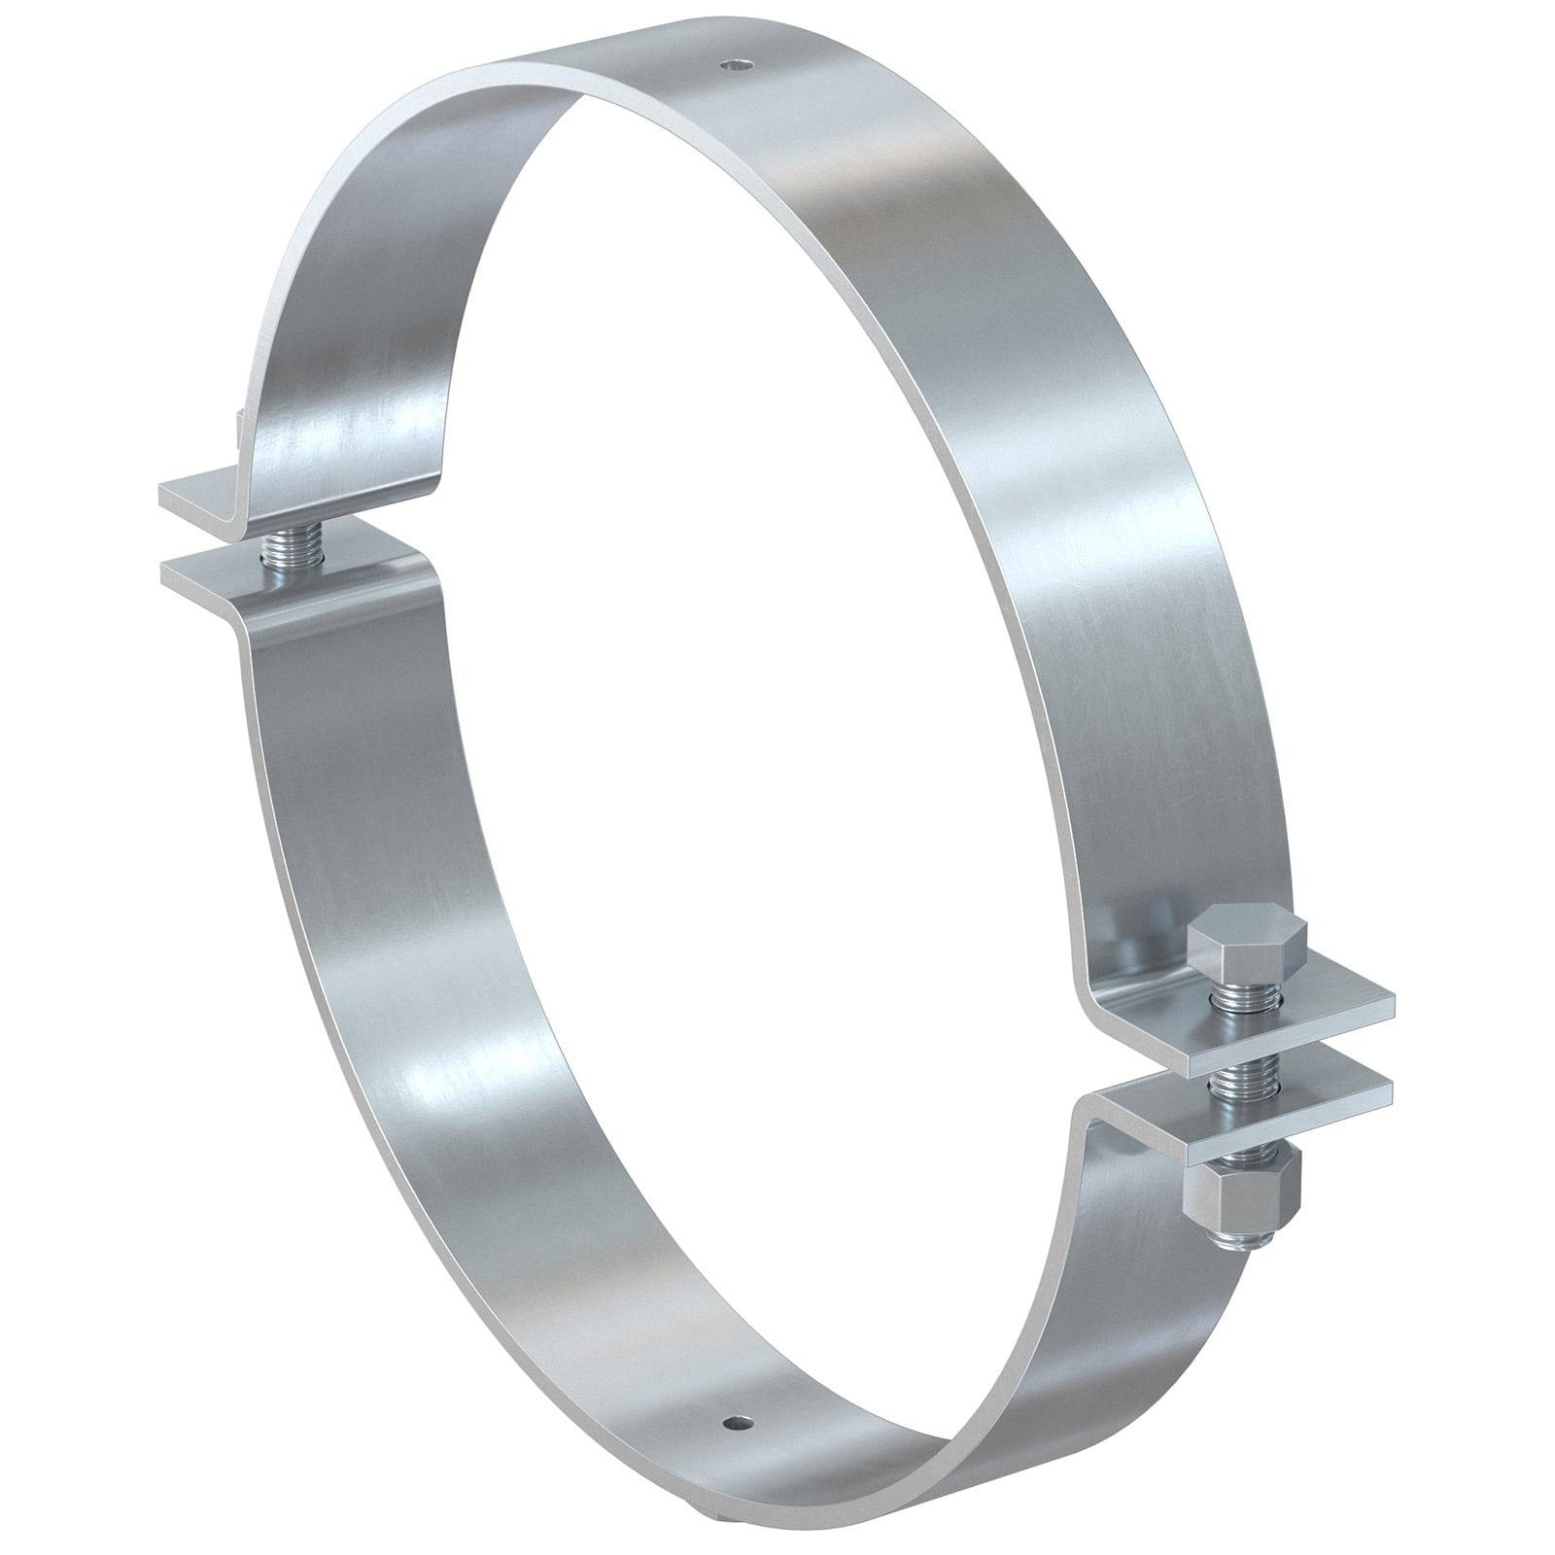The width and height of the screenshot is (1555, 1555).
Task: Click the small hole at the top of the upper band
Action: pyautogui.click(x=741, y=66)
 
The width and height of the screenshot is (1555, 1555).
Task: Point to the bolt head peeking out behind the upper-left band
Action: pyautogui.click(x=235, y=425)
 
